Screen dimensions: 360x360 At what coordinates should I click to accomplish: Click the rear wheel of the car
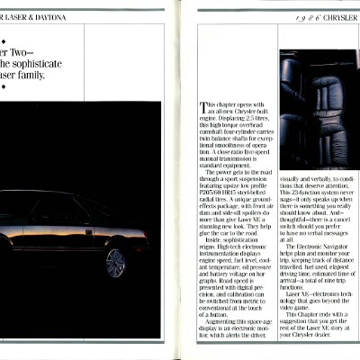pyautogui.click(x=114, y=264)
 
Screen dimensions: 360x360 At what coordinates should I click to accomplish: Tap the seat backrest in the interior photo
pyautogui.click(x=314, y=90)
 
